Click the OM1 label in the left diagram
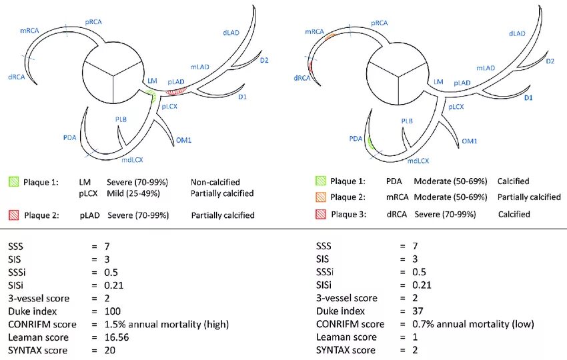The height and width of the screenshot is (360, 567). coord(184,140)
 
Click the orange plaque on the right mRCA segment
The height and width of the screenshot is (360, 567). coord(330,34)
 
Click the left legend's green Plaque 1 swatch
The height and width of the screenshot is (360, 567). coord(13,181)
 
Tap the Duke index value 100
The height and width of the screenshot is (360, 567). coord(113,311)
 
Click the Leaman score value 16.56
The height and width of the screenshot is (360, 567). coord(117,337)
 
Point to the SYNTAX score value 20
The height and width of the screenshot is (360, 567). coord(111,350)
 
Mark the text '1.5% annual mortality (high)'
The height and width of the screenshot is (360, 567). coord(167,324)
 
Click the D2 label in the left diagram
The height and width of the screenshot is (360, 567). coord(264,61)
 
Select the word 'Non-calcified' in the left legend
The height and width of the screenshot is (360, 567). coord(215,181)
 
